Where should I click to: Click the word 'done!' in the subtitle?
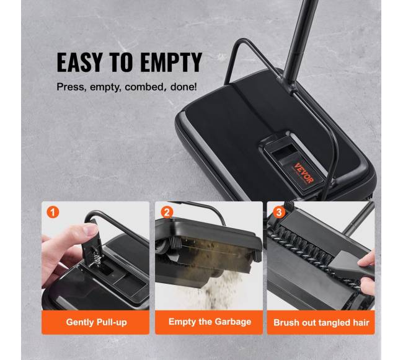(x=184, y=87)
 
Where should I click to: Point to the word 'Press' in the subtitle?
(x=71, y=87)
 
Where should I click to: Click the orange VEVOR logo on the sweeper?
(x=304, y=173)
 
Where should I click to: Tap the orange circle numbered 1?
(x=53, y=213)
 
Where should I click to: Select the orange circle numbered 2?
(x=167, y=213)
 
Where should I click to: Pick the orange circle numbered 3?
(x=279, y=213)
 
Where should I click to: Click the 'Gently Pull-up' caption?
(x=96, y=322)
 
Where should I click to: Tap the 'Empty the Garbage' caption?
(x=210, y=322)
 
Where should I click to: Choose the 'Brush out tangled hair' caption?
(x=321, y=322)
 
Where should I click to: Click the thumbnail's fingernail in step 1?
(x=91, y=229)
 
